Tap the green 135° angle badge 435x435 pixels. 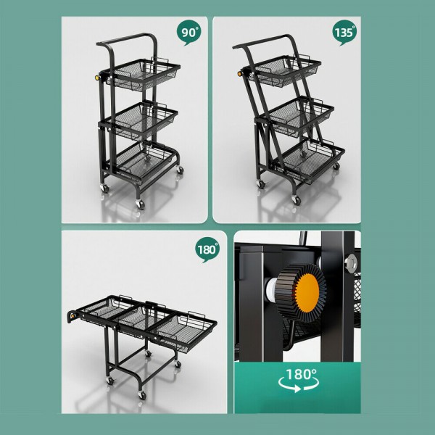344,33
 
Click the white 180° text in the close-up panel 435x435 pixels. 300,375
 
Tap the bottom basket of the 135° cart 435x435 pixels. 312,158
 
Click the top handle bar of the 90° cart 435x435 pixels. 127,38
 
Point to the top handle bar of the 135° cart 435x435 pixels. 265,40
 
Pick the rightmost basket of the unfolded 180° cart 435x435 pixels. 184,326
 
